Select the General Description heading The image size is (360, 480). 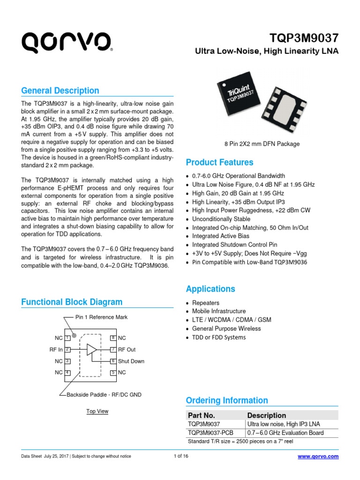pos(60,90)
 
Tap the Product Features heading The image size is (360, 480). pos(219,162)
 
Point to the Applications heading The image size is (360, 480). pos(210,289)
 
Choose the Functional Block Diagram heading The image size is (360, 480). pos(72,302)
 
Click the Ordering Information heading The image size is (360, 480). pos(227,400)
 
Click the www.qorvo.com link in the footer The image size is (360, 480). pos(318,457)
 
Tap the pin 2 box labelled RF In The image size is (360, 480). pos(67,350)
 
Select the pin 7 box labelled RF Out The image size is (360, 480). pos(113,350)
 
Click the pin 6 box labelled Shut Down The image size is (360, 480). pos(113,361)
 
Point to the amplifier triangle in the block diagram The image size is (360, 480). pos(91,350)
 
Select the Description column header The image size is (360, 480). pos(266,415)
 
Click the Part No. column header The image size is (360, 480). pos(201,415)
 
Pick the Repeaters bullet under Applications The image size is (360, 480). pos(205,303)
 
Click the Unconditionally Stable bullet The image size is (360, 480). pos(221,219)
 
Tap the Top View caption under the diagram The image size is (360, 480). pos(97,411)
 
